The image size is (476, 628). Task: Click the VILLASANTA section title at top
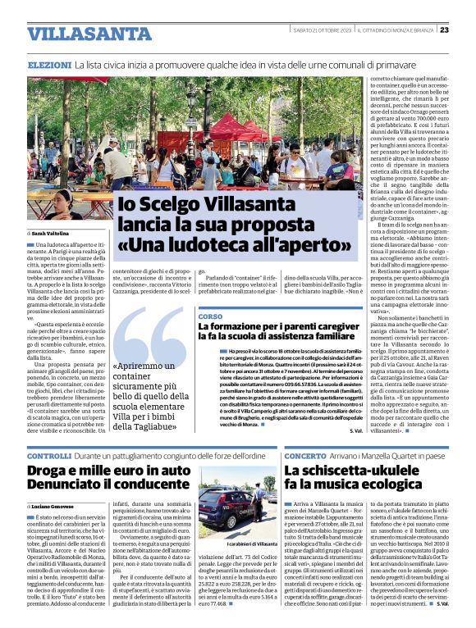click(78, 34)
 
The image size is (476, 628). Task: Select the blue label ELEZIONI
click(48, 64)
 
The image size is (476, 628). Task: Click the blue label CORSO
click(210, 316)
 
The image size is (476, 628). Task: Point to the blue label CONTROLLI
click(49, 455)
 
